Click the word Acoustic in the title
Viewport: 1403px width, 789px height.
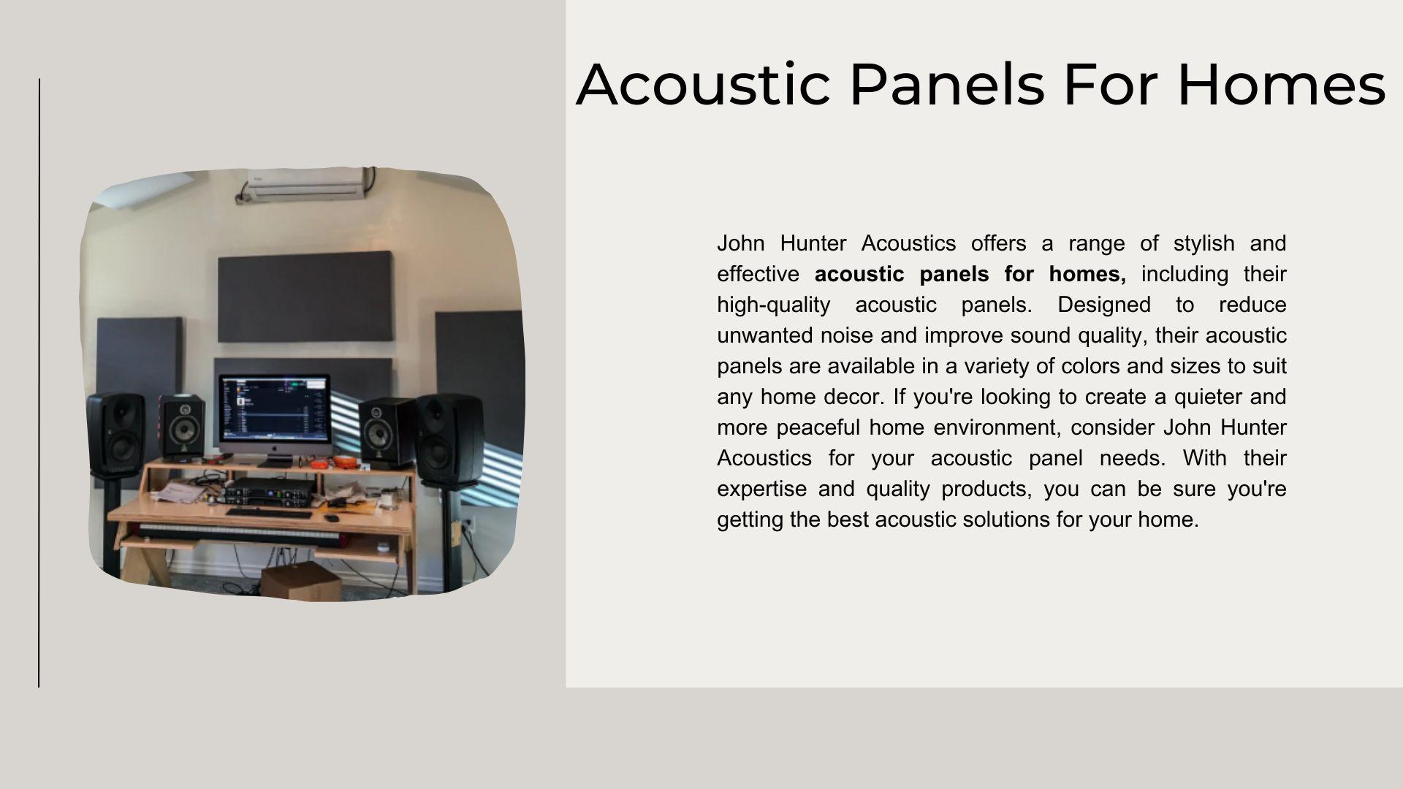(x=703, y=85)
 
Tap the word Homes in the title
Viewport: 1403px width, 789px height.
(x=1281, y=85)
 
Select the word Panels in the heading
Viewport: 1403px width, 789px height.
(x=947, y=85)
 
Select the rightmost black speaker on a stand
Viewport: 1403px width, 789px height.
(x=449, y=438)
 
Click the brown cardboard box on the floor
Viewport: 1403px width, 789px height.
(x=300, y=581)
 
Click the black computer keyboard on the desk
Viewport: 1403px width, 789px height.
(x=268, y=513)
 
